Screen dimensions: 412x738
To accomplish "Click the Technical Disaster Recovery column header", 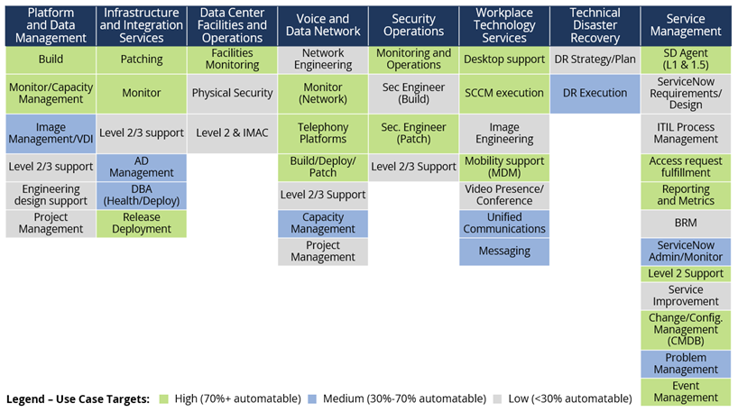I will (x=595, y=25).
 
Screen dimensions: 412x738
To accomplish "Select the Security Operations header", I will (x=413, y=25).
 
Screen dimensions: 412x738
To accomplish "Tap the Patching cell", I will (x=141, y=60).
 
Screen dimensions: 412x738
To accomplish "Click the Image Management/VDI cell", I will (x=51, y=133).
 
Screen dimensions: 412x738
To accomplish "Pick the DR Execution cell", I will (x=595, y=93).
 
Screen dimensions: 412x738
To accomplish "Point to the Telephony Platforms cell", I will (x=322, y=133).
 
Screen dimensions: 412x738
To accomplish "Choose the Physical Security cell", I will (x=232, y=93).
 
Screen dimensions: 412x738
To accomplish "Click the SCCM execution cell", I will (x=503, y=93).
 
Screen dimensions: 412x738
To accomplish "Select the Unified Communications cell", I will (x=503, y=223).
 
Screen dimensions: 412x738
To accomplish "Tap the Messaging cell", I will (x=503, y=252).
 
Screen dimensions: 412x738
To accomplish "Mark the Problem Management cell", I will (x=686, y=363).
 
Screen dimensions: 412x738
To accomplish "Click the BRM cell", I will (x=686, y=223).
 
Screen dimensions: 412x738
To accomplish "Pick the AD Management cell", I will (x=141, y=167).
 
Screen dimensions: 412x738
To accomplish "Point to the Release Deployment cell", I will (x=141, y=223).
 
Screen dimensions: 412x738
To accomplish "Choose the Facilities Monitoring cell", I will (x=232, y=60).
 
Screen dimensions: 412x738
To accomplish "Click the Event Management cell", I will (x=686, y=391).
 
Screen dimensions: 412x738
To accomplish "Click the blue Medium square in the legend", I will (x=312, y=398).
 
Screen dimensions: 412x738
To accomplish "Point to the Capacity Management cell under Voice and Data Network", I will (x=322, y=223).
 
